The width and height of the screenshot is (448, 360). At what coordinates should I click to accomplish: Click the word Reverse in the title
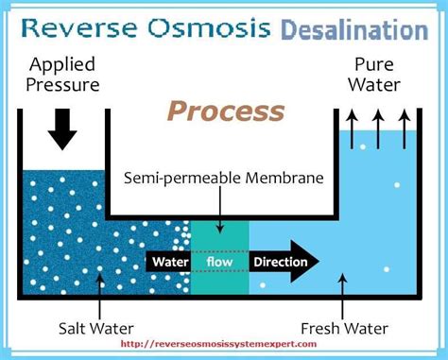point(78,27)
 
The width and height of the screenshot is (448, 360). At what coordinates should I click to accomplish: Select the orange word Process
point(225,111)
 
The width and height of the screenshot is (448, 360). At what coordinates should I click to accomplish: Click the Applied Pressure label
point(63,76)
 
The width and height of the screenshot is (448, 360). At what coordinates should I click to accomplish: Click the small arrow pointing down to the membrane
point(218,207)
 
